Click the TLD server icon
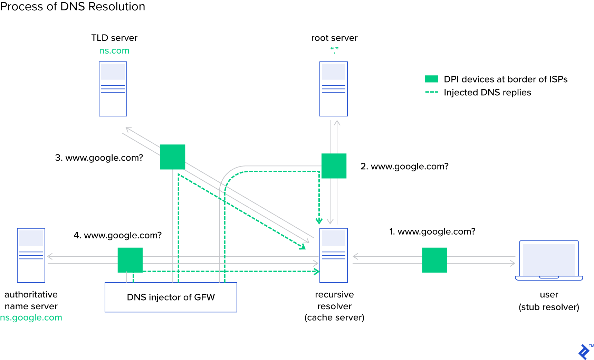click(113, 89)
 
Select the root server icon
click(333, 89)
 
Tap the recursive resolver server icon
click(333, 255)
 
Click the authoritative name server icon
click(31, 255)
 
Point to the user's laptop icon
click(549, 260)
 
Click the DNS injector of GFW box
click(171, 297)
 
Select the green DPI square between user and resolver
click(434, 260)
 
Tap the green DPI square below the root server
click(334, 166)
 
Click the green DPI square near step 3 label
click(173, 157)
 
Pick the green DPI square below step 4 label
click(130, 260)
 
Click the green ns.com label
click(114, 51)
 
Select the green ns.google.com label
click(31, 318)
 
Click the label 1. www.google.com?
click(432, 231)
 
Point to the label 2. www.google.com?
click(404, 166)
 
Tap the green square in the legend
click(431, 79)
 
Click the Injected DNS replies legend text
click(487, 92)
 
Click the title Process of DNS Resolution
click(73, 7)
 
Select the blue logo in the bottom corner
click(584, 352)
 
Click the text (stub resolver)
click(549, 307)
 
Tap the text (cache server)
click(334, 318)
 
